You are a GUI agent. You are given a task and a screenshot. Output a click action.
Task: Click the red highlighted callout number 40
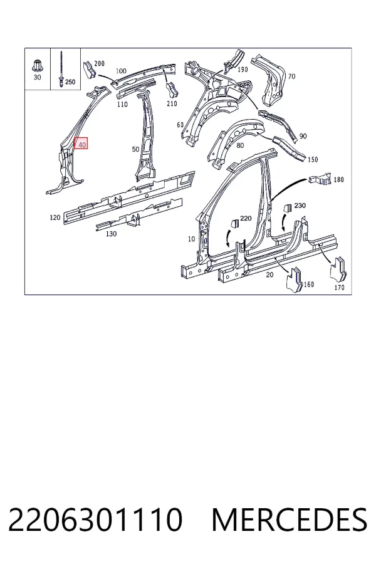click(81, 144)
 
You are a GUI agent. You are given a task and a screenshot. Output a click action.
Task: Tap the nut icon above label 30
click(37, 65)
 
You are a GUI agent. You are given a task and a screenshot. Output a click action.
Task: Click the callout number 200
click(99, 63)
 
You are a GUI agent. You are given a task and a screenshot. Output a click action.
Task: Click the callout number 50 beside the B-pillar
click(135, 149)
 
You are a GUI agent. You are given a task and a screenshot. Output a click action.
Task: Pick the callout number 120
click(55, 217)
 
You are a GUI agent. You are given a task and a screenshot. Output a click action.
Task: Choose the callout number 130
click(111, 234)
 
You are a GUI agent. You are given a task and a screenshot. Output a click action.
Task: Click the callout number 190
click(243, 70)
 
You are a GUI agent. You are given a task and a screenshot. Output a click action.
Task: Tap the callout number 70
click(291, 76)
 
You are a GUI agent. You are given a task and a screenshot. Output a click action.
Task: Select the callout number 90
click(303, 136)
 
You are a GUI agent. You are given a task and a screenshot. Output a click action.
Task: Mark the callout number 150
click(313, 159)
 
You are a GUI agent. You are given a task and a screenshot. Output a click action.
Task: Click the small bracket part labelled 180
click(320, 178)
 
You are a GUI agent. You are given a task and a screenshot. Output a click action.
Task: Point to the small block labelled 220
click(234, 223)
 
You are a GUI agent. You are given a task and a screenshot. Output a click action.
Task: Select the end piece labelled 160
click(295, 280)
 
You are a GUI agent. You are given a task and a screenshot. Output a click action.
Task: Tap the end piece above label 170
click(338, 269)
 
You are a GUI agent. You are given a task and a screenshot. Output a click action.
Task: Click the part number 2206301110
click(95, 520)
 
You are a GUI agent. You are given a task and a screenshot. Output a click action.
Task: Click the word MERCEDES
click(290, 520)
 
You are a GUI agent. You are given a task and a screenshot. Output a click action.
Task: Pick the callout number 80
click(240, 145)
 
